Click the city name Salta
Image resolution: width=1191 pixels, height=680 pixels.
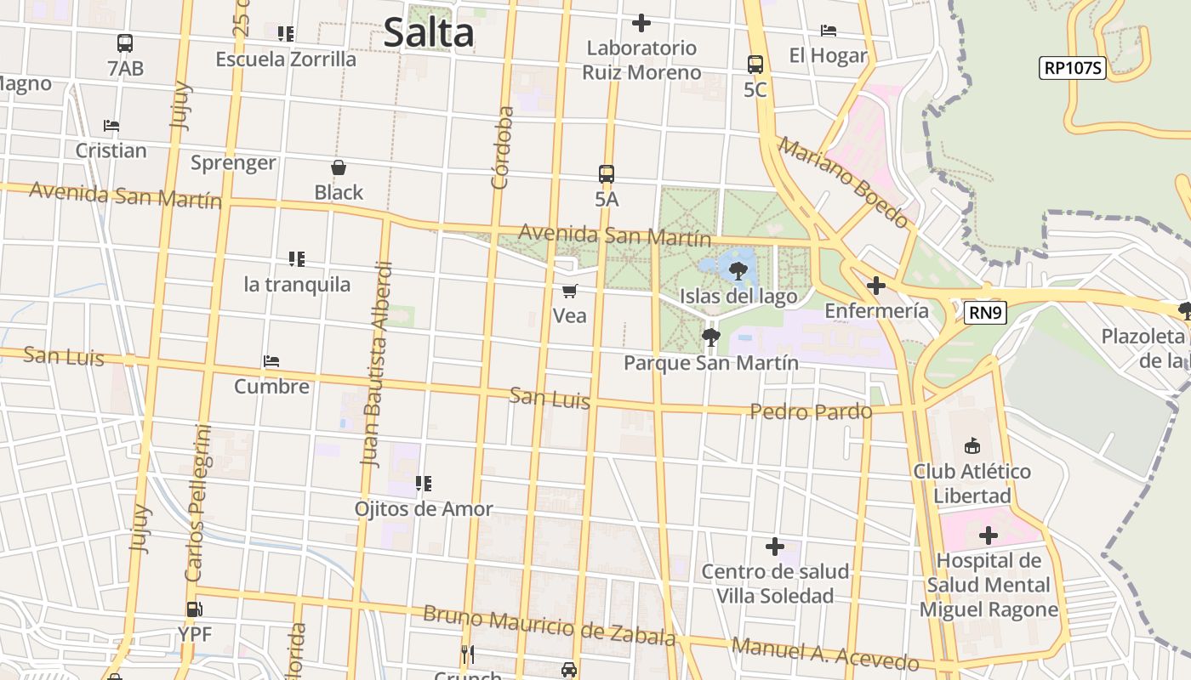point(428,33)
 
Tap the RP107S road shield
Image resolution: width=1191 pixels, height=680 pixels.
point(1072,68)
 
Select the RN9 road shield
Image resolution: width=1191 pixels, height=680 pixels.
point(986,313)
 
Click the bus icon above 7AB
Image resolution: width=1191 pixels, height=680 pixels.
point(125,43)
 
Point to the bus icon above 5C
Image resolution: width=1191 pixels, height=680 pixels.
point(755,65)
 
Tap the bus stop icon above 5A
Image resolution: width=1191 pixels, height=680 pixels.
point(606,174)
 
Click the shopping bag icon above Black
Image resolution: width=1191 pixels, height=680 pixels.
point(339,167)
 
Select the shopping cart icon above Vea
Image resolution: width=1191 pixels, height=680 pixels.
point(570,291)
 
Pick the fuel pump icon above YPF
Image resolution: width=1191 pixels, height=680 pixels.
point(194,609)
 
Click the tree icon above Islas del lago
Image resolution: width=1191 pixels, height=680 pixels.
point(738,271)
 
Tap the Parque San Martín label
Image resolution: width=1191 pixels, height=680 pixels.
point(710,363)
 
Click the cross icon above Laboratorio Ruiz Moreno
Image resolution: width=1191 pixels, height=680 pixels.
point(641,23)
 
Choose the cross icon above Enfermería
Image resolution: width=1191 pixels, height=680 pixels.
point(876,286)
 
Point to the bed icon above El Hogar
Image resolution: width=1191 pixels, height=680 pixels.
point(828,31)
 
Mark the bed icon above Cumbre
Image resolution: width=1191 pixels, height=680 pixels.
point(271,361)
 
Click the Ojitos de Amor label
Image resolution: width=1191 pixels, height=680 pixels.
point(424,508)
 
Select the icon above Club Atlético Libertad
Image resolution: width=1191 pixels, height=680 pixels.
point(972,445)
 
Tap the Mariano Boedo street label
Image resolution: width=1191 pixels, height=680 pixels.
point(843,183)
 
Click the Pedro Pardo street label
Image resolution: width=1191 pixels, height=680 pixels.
point(811,411)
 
